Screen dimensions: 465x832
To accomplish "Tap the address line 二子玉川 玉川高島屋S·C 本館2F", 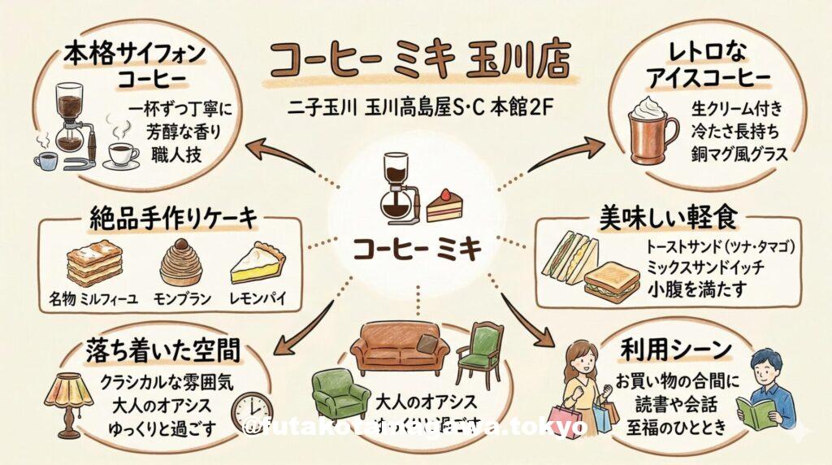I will coord(417,108).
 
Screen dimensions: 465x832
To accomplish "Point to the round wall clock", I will coord(252,414).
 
